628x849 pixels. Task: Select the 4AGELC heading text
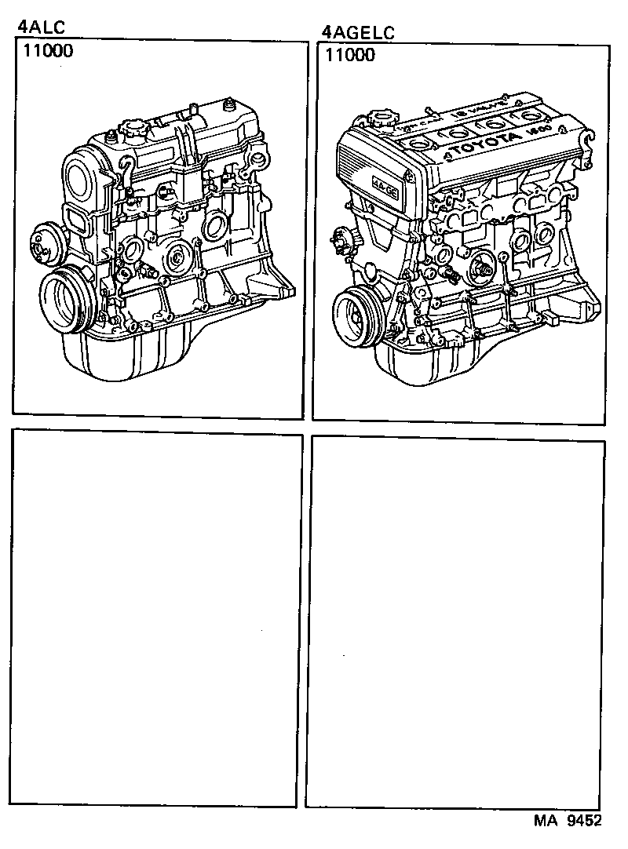(358, 32)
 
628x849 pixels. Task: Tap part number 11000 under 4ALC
(46, 53)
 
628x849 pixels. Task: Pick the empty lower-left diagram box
(157, 620)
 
